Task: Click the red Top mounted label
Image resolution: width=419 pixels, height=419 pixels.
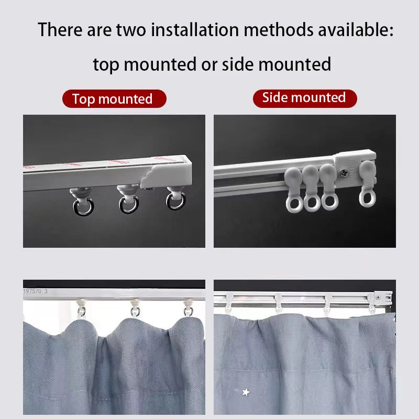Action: point(114,99)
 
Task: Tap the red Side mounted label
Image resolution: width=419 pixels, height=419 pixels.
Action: point(305,98)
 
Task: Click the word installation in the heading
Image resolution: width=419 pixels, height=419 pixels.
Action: point(195,30)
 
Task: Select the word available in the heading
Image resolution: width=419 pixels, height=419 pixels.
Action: point(356,30)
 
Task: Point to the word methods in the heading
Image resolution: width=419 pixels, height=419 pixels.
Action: point(278,30)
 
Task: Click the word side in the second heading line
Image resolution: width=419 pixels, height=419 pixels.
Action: point(238,64)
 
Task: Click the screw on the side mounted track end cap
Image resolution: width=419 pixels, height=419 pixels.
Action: point(344,173)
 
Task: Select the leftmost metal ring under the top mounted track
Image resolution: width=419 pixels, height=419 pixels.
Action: point(83,207)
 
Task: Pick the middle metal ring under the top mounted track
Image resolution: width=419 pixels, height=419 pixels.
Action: point(129,205)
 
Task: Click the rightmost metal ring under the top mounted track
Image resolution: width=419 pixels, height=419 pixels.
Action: point(175,201)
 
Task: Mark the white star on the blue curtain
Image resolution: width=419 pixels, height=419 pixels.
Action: point(246,392)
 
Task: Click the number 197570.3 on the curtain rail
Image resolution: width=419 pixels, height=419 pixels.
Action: point(36,291)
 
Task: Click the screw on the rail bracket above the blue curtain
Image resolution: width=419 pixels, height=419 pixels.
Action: point(378,297)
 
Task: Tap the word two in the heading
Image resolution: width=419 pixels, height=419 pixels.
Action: point(131,30)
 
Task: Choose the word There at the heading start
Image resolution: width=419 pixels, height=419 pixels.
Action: point(60,30)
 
